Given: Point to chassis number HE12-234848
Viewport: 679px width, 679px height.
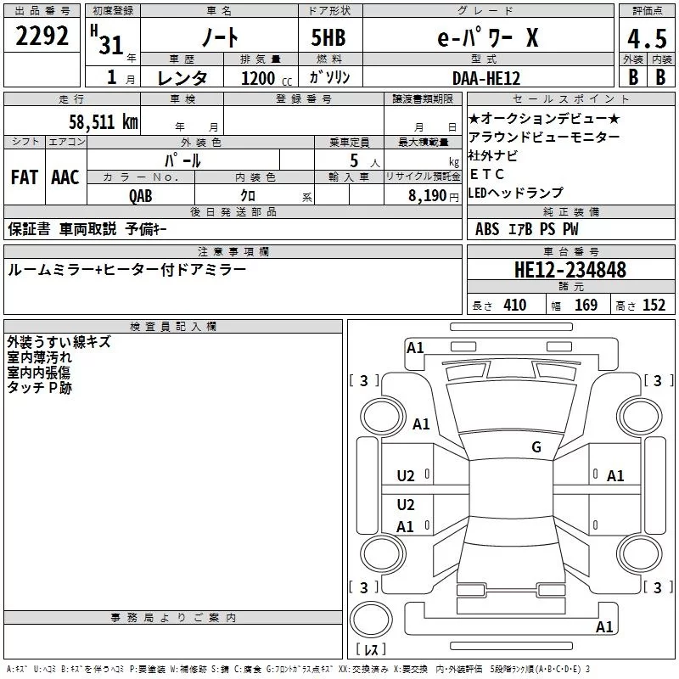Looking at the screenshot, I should point(570,270).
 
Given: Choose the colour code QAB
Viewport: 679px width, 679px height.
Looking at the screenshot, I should point(141,195).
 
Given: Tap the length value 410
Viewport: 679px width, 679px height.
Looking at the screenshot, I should point(514,306).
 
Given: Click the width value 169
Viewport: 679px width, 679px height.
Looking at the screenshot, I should point(586,306).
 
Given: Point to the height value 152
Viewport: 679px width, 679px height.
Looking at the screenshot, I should point(654,306).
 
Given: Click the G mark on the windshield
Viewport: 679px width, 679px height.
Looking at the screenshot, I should point(536,447).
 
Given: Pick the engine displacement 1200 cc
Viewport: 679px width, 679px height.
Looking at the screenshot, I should point(258,78).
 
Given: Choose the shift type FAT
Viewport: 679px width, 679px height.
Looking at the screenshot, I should point(24,177).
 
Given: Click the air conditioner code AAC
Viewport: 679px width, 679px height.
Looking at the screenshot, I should point(65,177).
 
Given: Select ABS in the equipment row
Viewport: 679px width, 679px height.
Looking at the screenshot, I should point(487,229).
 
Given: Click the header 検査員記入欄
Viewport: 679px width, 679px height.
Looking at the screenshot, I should point(173,326).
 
